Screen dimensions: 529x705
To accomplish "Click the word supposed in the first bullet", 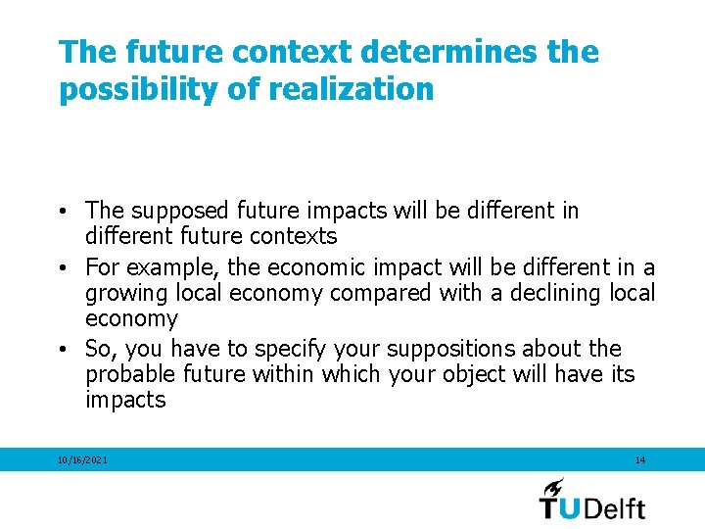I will point(169,211).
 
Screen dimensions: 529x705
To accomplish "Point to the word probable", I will point(124,374).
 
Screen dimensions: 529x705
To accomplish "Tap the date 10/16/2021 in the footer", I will point(83,459).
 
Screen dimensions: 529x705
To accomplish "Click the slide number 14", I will point(640,459).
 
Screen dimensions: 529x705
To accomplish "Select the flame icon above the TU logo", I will point(554,487).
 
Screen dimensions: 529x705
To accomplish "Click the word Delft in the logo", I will point(616,506).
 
